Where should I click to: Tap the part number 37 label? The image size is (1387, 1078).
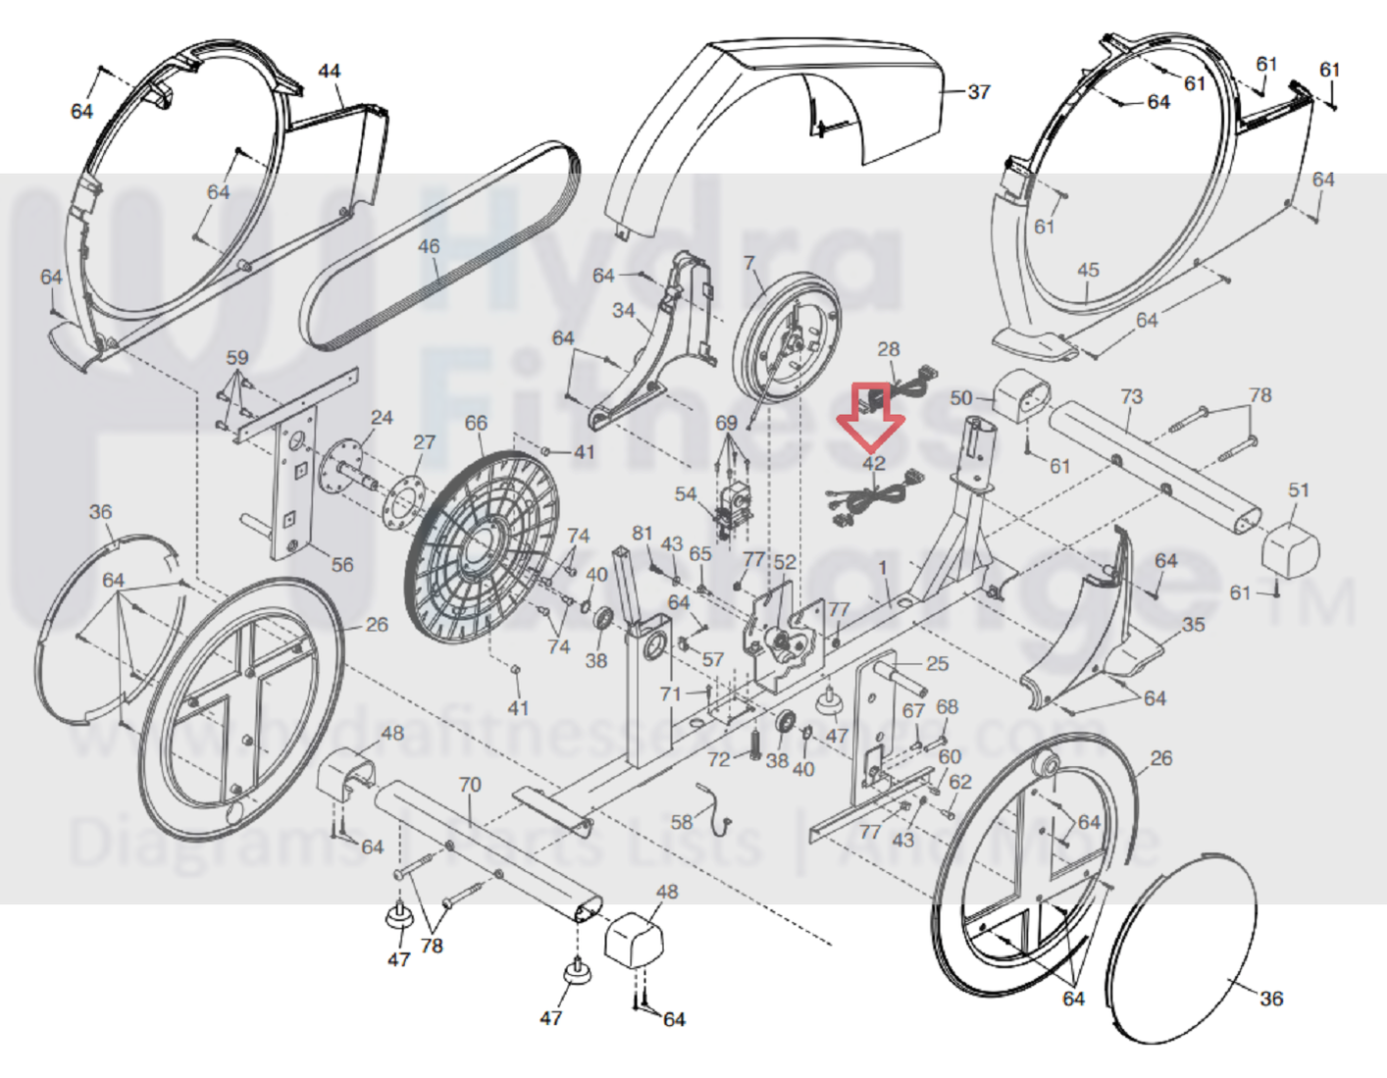[979, 92]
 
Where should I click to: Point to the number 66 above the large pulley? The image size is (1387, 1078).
[476, 423]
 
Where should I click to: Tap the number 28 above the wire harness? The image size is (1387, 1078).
[888, 349]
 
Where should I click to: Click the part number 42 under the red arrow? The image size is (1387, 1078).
[874, 463]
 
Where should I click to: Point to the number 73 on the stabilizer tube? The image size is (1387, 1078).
[1131, 396]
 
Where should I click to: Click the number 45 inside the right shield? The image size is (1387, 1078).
[1088, 270]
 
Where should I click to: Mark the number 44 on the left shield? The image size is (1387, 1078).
[330, 71]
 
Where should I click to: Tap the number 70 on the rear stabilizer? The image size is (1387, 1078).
[470, 785]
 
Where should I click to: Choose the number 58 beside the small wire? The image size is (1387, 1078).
[682, 822]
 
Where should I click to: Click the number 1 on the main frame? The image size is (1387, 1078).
[883, 567]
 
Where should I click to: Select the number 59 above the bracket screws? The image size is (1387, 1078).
[237, 358]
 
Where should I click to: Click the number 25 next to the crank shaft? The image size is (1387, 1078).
[938, 664]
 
